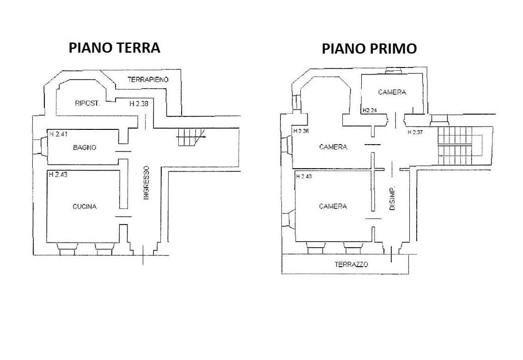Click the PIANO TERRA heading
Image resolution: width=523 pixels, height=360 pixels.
coord(115,48)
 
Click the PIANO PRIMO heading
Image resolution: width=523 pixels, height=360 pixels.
coord(369,49)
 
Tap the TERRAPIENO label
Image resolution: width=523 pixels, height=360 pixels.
coord(148,79)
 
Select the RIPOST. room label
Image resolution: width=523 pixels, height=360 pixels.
coord(87,104)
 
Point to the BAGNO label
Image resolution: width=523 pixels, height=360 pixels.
coord(85,147)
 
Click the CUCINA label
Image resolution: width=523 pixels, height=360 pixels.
coord(85,207)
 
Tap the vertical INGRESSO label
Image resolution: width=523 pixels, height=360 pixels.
coord(146,183)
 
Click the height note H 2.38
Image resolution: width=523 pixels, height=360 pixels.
coord(139,104)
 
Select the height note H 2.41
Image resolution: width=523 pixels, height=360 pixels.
coord(58,134)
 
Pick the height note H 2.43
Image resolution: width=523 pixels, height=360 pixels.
coord(58,175)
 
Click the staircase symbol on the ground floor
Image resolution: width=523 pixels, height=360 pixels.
coord(191,137)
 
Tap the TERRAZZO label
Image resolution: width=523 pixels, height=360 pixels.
coord(351,265)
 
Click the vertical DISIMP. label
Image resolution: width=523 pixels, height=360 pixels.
coord(392,198)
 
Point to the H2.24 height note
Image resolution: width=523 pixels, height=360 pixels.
coord(370,110)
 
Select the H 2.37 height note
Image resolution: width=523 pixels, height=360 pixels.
coord(415,132)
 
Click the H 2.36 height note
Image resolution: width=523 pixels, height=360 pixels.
coord(301,131)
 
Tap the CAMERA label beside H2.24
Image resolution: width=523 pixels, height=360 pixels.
coord(392,92)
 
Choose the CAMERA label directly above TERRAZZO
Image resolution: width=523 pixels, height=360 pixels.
coord(333,207)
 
